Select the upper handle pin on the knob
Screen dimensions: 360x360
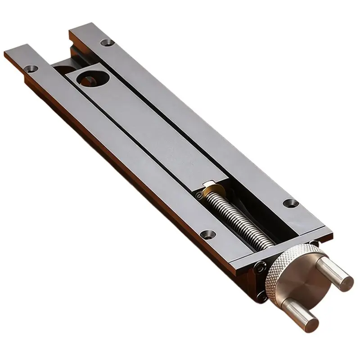tap(333, 270)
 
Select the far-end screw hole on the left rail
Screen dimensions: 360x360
tap(30, 69)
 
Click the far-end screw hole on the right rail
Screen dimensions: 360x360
tap(106, 44)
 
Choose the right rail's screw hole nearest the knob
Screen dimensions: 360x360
tap(289, 203)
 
